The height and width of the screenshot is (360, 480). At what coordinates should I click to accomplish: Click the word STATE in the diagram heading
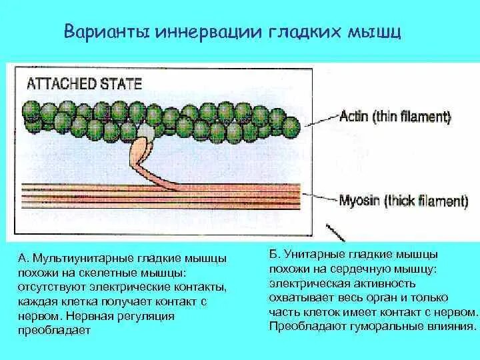(121, 83)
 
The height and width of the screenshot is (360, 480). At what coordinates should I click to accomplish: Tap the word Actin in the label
(355, 117)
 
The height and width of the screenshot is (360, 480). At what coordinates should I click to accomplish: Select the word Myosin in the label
(360, 201)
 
